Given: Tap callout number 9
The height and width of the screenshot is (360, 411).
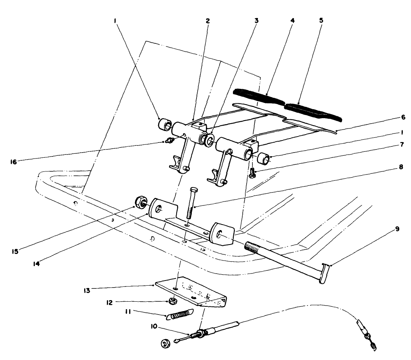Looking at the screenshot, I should point(397,229).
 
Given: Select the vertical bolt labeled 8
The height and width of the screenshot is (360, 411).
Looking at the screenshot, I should point(189,203).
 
